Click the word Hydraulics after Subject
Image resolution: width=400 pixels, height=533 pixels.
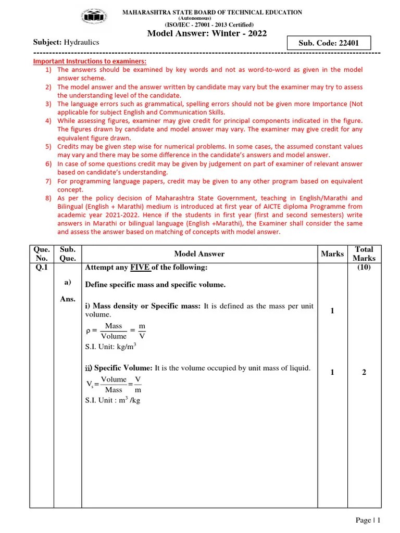click(81, 42)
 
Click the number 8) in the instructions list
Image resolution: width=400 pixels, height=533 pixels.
click(48, 198)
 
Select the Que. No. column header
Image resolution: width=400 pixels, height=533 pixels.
click(41, 254)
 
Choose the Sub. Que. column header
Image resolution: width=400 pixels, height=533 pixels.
click(68, 254)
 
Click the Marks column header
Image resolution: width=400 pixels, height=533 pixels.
click(332, 254)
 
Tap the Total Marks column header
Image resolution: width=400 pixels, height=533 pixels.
click(364, 254)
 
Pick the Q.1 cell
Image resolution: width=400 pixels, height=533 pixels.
click(41, 268)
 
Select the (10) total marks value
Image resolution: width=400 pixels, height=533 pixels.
click(364, 268)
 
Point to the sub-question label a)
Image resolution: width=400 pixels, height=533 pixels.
click(68, 282)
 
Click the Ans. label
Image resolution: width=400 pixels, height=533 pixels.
click(68, 299)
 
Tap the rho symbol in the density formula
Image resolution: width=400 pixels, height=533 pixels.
click(88, 331)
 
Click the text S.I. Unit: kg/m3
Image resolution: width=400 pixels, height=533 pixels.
click(110, 346)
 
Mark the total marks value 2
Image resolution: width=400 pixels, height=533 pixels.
click(364, 372)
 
